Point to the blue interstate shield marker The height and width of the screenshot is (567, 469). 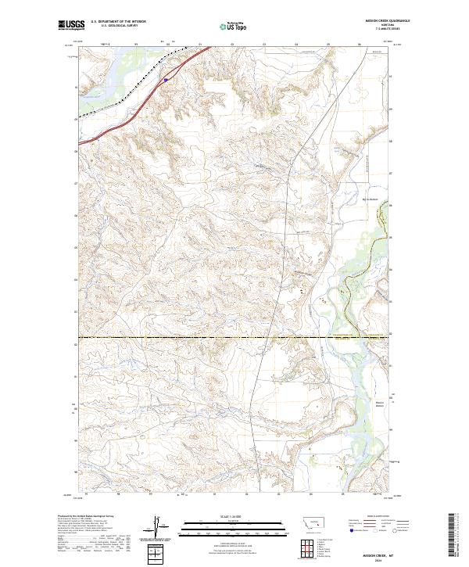166,78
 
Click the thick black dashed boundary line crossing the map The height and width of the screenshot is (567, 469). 234,337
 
